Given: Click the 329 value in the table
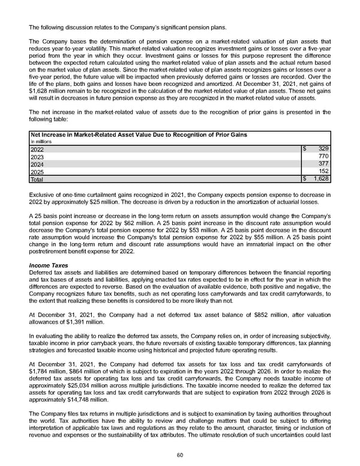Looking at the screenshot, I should click(x=323, y=148).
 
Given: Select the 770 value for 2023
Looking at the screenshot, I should click(x=323, y=156).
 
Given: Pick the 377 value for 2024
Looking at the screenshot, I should click(x=323, y=163).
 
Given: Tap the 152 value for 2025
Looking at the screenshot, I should click(x=323, y=171).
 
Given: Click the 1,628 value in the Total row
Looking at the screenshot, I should click(x=321, y=179).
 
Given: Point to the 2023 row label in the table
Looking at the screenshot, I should click(x=37, y=156).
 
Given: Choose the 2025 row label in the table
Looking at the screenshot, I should click(x=37, y=171).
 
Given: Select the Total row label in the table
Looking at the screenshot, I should click(x=37, y=179).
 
